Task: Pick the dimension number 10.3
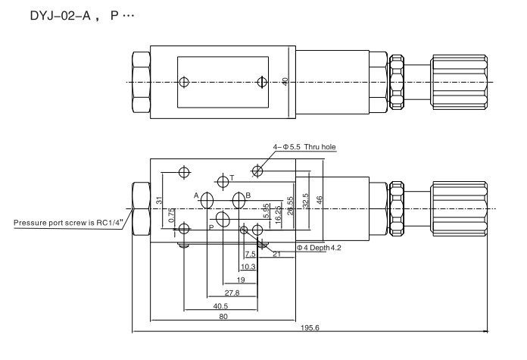[248, 267]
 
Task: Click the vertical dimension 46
[320, 200]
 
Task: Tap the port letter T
[232, 177]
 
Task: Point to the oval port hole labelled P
[223, 219]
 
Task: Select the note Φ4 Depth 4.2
[319, 247]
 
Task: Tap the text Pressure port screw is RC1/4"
[68, 223]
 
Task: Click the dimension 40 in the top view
[285, 80]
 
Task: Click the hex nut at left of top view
[140, 81]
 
